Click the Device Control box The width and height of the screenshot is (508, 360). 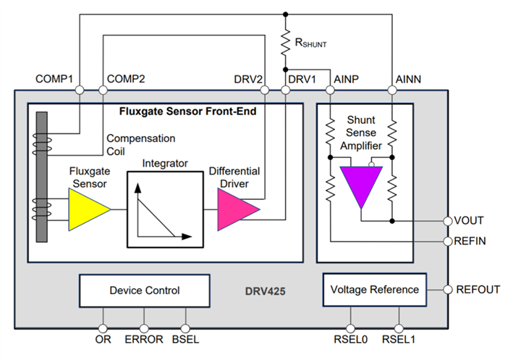(x=145, y=290)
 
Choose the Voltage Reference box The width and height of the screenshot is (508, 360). (x=374, y=290)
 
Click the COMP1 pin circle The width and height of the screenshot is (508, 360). (x=80, y=90)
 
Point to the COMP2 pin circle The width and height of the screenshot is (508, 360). (x=102, y=90)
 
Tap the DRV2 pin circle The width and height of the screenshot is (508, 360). (x=266, y=90)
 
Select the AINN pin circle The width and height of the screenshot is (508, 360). (x=392, y=90)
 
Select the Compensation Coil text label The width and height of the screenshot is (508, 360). (x=140, y=143)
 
